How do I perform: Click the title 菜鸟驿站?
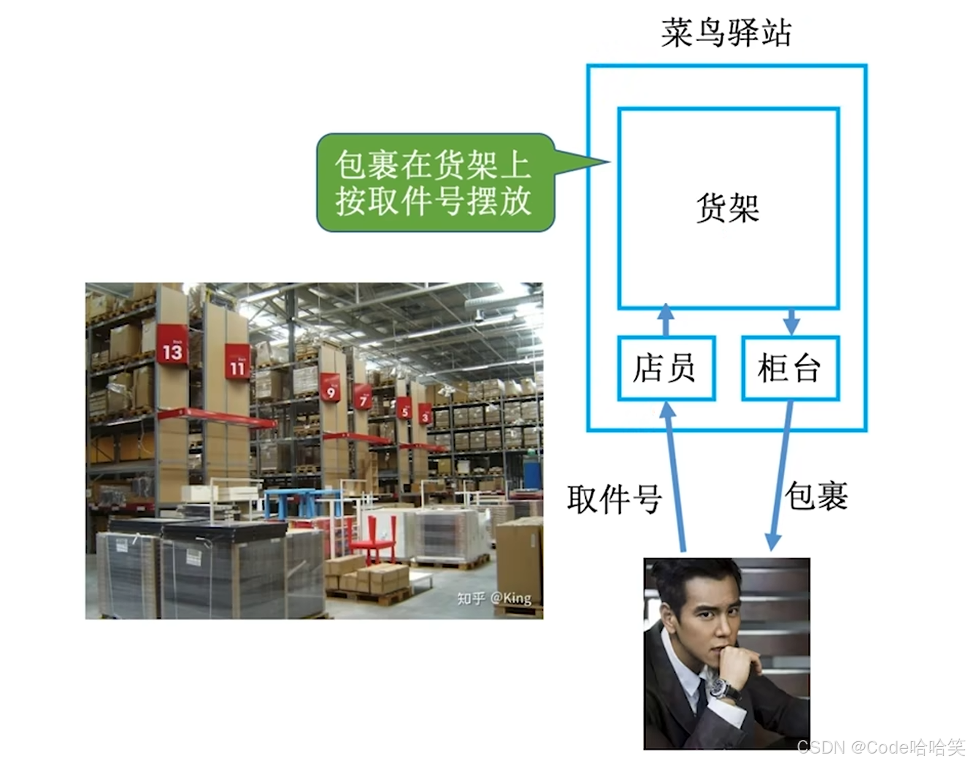click(726, 33)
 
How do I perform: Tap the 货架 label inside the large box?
click(728, 208)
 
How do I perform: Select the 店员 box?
click(666, 368)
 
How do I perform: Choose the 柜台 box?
click(790, 368)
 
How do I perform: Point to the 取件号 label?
click(613, 499)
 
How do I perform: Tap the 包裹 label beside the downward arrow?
click(816, 495)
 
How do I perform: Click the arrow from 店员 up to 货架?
click(666, 320)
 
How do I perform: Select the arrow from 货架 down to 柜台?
click(791, 321)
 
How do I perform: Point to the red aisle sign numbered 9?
click(331, 388)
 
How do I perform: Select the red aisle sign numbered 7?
click(363, 398)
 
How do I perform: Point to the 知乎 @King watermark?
click(494, 598)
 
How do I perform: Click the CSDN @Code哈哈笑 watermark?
click(882, 747)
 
